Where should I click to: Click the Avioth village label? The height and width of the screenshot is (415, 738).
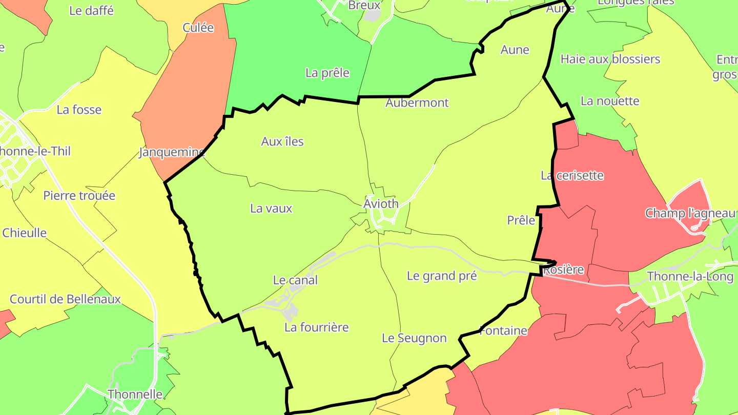click(381, 204)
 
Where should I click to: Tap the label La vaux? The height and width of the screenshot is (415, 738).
click(271, 209)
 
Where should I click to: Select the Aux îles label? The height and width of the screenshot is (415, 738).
click(282, 142)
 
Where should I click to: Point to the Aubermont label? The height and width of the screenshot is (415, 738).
click(417, 103)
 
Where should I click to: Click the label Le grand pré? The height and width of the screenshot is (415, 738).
click(442, 276)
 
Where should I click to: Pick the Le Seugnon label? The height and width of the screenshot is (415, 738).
click(414, 338)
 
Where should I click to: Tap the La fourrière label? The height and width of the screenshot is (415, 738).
click(316, 327)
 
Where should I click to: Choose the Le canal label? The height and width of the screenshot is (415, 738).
click(295, 280)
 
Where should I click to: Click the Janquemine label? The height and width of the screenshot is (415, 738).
click(172, 152)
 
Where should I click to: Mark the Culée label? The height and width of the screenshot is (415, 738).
click(198, 28)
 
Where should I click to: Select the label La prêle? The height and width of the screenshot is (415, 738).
click(327, 73)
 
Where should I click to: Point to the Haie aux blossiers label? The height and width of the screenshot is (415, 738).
click(610, 59)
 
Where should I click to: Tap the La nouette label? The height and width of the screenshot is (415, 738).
click(610, 101)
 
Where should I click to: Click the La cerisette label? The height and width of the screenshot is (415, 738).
click(572, 176)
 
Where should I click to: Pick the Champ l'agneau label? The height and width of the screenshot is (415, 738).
click(690, 213)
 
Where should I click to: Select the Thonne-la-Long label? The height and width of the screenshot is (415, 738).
click(690, 277)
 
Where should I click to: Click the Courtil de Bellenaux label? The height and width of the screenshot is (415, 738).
click(66, 299)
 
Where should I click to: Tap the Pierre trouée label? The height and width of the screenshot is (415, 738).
click(79, 196)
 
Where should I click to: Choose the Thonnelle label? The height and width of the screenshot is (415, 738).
click(135, 395)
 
